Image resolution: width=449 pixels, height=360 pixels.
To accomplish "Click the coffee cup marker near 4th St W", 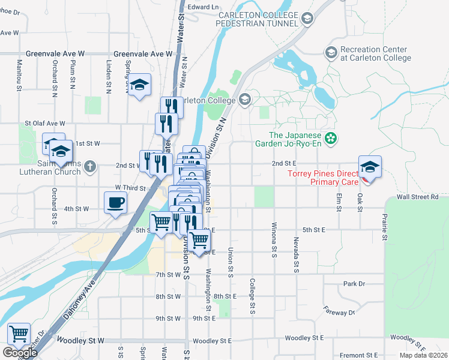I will (x=115, y=202).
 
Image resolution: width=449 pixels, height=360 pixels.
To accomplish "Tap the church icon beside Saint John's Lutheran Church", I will (x=90, y=166).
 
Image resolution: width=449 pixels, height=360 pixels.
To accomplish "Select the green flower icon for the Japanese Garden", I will (x=330, y=139).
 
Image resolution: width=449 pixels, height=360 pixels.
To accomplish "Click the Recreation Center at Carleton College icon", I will (x=331, y=53).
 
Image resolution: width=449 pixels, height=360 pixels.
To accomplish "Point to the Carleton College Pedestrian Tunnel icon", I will (x=307, y=19).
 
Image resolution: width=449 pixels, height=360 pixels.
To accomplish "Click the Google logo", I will (x=20, y=353).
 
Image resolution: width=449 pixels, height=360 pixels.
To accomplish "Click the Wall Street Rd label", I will (x=417, y=197).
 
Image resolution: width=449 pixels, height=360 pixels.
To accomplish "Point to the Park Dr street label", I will (x=354, y=284).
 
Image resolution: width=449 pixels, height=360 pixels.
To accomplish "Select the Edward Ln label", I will (x=203, y=7).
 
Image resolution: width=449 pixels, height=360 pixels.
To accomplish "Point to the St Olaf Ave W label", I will (x=44, y=124).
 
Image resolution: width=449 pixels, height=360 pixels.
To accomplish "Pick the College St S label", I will (x=252, y=296).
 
